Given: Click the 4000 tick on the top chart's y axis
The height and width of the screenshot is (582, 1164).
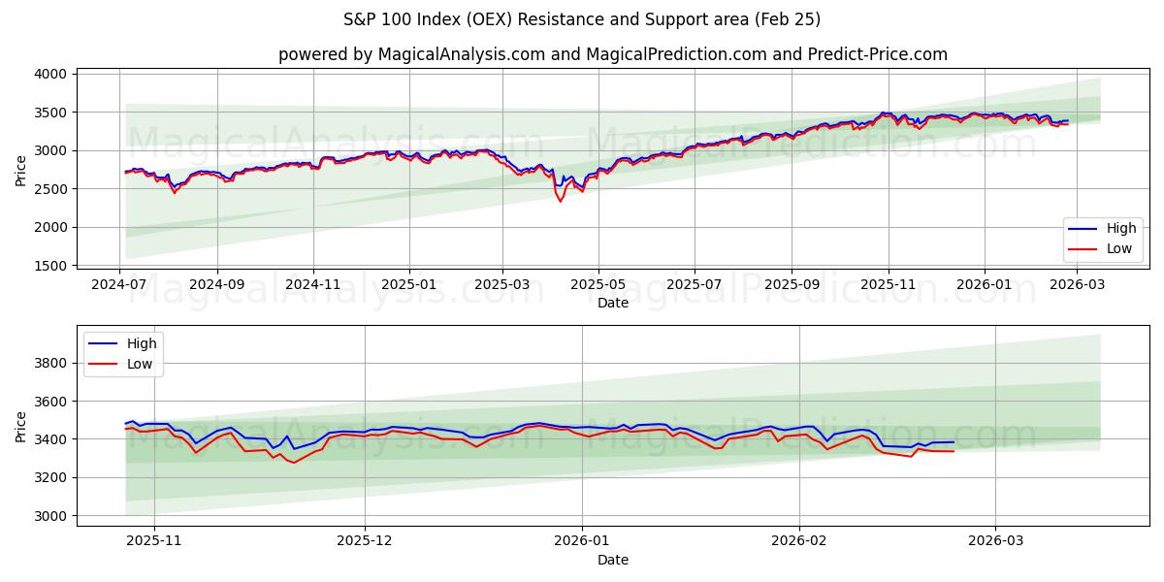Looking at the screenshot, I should click(x=50, y=74).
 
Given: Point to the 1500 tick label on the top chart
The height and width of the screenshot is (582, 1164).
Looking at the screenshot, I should click(x=50, y=266).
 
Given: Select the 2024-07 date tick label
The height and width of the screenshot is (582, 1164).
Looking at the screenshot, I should click(x=120, y=285).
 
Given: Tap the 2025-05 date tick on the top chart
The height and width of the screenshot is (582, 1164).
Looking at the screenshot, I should click(x=598, y=285).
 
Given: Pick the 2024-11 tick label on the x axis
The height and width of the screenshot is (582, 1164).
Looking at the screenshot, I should click(x=312, y=285).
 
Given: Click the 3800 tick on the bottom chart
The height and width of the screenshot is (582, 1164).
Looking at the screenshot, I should click(x=50, y=363).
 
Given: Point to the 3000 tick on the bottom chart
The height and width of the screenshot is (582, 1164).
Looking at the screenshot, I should click(x=50, y=516).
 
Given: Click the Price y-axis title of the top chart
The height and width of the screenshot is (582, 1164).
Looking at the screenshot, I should click(x=21, y=170).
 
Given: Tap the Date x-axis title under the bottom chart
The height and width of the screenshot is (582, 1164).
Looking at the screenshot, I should click(x=612, y=560).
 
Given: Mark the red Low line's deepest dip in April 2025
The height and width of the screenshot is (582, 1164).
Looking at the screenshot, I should click(x=560, y=201).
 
